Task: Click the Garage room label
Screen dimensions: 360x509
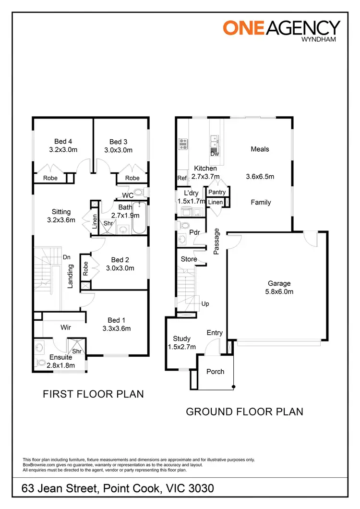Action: [279, 283]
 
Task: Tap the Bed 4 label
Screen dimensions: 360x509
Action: [63, 142]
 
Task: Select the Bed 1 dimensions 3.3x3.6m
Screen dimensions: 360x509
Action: [117, 329]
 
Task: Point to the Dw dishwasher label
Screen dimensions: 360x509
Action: [215, 154]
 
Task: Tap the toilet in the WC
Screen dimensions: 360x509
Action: [139, 193]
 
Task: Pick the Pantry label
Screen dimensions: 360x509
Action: [217, 193]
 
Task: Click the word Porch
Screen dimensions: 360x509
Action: [215, 372]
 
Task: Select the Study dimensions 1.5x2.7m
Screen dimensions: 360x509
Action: [182, 347]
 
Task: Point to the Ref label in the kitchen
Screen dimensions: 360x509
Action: [182, 178]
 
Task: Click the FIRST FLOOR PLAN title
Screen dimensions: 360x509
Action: [93, 394]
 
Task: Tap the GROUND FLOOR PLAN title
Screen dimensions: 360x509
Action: [244, 412]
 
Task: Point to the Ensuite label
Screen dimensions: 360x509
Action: [60, 357]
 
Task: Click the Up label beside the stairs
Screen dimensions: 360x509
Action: [205, 304]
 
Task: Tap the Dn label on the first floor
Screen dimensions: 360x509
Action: [67, 257]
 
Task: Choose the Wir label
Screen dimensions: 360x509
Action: [66, 327]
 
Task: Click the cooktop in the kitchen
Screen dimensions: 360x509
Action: [183, 144]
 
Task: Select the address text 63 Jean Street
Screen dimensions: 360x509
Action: [62, 489]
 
